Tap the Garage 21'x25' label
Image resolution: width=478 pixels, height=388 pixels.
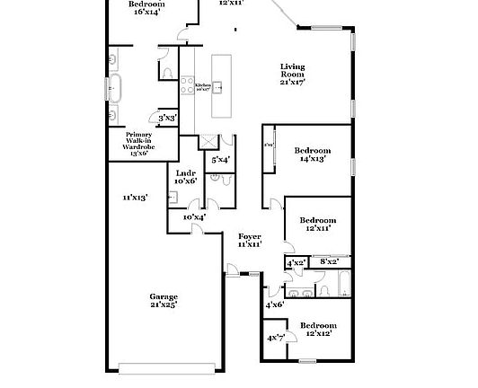(164, 301)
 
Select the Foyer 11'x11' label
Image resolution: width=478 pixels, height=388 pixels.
(250, 240)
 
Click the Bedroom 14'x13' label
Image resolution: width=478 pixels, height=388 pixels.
(312, 154)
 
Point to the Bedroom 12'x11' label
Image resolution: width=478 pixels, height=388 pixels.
(317, 225)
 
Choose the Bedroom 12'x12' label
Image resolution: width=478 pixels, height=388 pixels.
(317, 329)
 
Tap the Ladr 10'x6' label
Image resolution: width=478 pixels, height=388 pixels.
(186, 176)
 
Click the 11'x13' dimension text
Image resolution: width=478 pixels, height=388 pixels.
(135, 197)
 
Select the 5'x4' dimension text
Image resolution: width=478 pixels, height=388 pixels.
(220, 159)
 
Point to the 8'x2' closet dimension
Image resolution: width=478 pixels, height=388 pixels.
(330, 262)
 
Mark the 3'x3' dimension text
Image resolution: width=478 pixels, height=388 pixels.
(166, 118)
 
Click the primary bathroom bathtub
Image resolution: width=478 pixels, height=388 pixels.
(112, 88)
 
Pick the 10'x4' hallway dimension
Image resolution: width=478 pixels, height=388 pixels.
(194, 216)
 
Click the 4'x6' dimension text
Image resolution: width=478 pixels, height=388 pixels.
(274, 304)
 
